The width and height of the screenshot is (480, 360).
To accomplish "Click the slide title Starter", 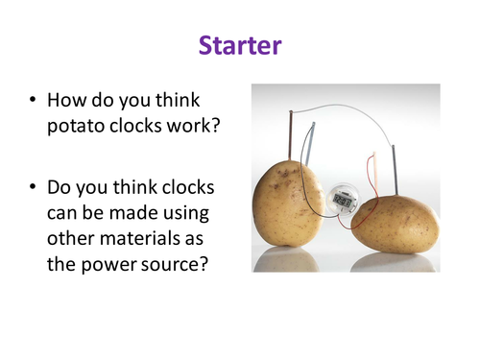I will (x=239, y=45).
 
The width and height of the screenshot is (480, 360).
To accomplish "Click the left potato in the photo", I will (x=288, y=203).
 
